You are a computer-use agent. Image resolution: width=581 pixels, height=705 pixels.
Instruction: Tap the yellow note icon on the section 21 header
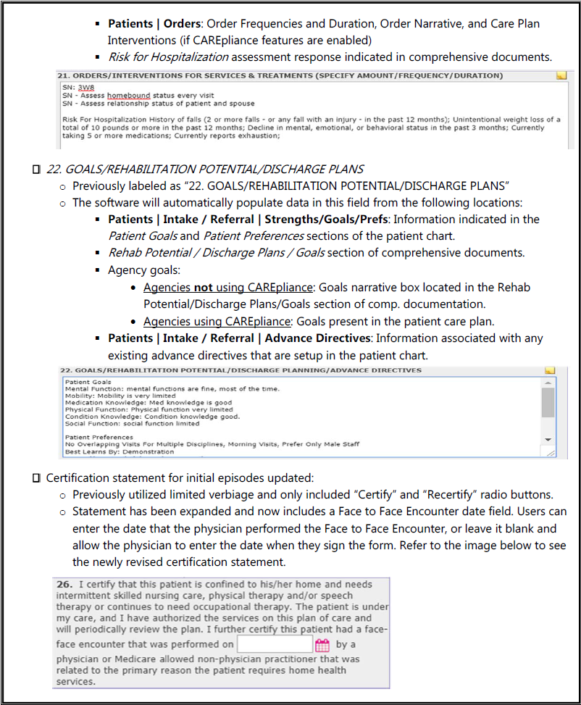560,75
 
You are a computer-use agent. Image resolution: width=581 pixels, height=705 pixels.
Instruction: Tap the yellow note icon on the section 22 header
550,370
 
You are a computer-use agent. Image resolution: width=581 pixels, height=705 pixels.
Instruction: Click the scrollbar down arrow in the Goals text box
548,440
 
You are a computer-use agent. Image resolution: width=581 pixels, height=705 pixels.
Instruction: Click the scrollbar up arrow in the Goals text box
548,381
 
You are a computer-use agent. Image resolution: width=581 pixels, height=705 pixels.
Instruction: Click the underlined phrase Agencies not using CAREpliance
227,287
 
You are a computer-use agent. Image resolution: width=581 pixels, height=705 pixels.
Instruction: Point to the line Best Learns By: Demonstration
120,451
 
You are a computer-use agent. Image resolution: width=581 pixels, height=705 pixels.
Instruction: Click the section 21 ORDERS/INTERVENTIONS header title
280,75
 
